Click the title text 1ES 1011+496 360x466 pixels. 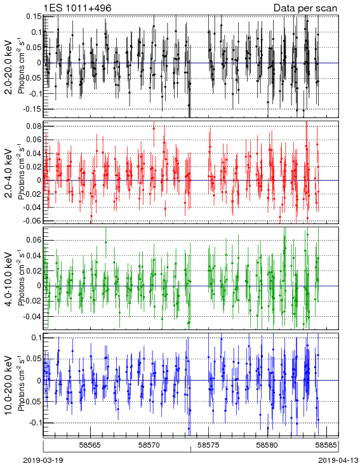[77, 8]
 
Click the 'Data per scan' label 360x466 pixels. [305, 8]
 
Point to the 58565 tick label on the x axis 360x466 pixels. [90, 445]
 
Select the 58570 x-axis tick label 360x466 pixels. [150, 445]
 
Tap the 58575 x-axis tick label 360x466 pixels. [208, 445]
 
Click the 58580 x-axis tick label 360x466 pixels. [267, 445]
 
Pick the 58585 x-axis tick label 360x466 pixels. [326, 445]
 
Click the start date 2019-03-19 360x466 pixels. [43, 460]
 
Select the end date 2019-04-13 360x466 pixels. [338, 460]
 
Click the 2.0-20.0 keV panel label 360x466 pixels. [9, 67]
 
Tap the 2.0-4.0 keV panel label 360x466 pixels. [9, 173]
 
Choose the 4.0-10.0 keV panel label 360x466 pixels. [9, 279]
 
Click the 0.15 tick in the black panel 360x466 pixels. [34, 17]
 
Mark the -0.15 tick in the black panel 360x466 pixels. [33, 109]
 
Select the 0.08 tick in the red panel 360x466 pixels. [34, 126]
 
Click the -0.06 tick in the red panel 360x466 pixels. [33, 220]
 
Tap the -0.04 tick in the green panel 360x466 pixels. [33, 316]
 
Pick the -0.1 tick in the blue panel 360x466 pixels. [35, 423]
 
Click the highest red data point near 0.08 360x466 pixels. [154, 128]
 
